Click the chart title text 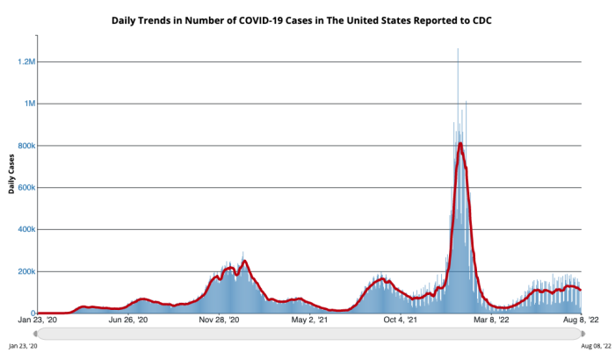tap(308, 18)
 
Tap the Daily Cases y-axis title tap(13, 176)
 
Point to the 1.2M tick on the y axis tap(24, 61)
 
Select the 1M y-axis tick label tap(28, 104)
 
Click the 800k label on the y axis tap(25, 146)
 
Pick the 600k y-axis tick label tap(25, 188)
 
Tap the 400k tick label tap(25, 229)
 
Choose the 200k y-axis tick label tap(25, 271)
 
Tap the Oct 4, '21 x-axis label tap(400, 320)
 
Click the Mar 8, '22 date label tap(491, 320)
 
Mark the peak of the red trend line tap(460, 143)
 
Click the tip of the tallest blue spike tap(458, 50)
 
